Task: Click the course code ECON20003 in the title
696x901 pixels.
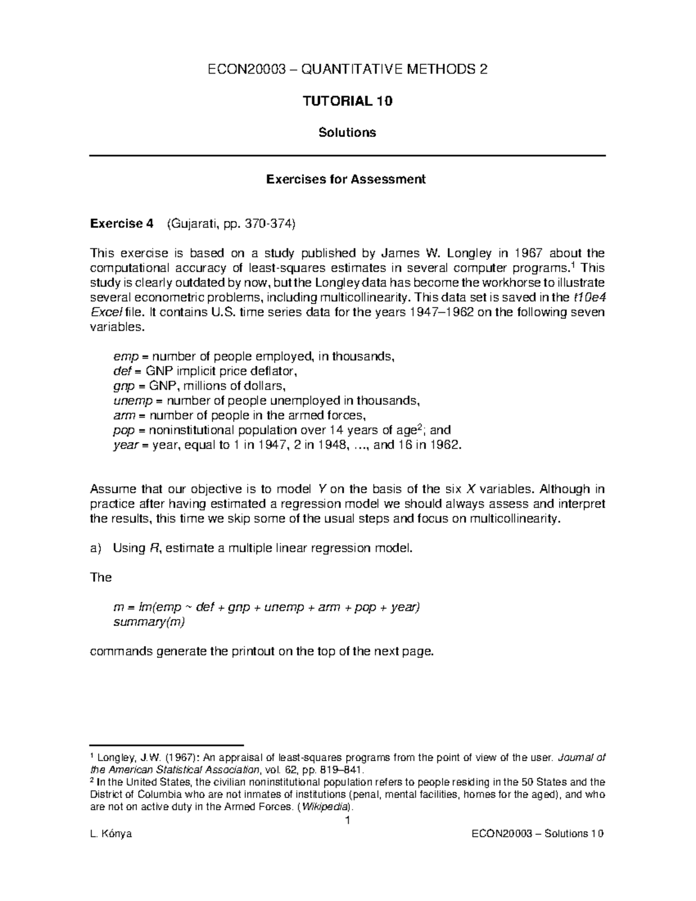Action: [246, 70]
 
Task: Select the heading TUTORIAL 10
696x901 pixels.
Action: [347, 101]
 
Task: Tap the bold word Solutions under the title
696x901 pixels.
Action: [347, 132]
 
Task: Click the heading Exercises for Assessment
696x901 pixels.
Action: [346, 179]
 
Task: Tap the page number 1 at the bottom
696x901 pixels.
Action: [347, 820]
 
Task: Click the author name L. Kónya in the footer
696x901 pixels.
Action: [111, 834]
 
